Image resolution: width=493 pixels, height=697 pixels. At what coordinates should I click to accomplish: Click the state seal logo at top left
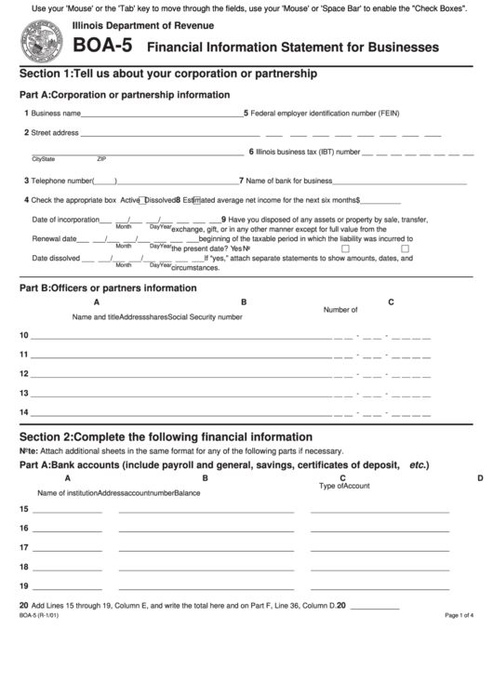click(x=38, y=41)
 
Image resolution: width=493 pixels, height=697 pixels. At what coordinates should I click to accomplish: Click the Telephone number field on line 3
click(x=105, y=181)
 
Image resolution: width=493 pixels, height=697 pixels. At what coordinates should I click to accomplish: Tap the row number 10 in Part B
click(x=24, y=335)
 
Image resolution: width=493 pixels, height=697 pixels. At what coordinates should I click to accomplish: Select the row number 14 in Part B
click(x=24, y=412)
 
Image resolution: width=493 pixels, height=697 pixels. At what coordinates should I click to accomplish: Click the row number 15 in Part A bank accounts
click(x=24, y=509)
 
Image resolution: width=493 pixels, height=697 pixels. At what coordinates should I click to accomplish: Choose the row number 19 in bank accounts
click(x=24, y=585)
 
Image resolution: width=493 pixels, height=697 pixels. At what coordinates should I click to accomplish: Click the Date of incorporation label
click(x=65, y=220)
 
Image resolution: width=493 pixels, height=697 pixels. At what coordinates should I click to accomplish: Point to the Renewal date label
click(x=54, y=238)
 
